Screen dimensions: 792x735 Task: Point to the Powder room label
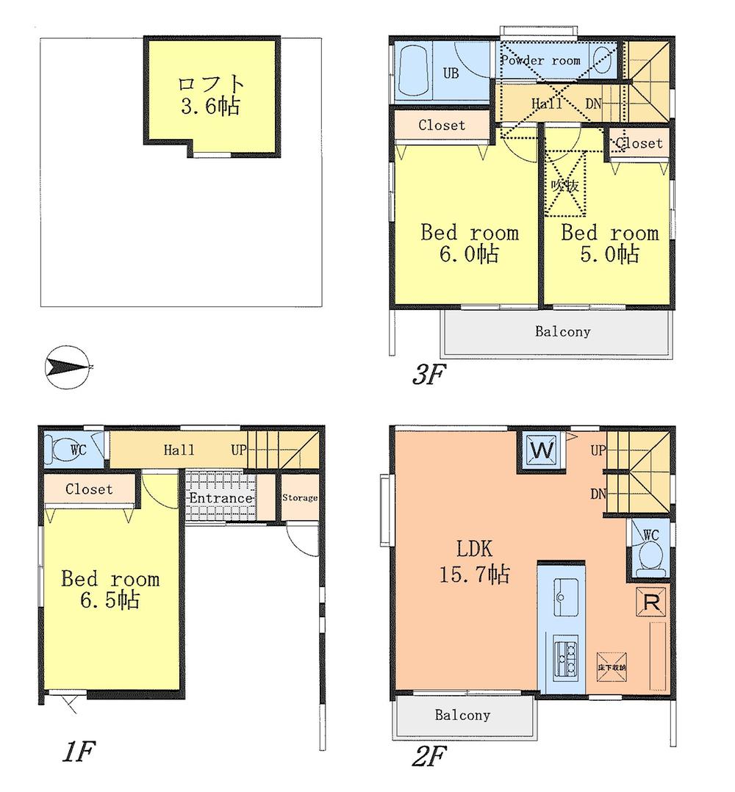540,61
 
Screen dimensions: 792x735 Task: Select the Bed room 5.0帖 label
609,244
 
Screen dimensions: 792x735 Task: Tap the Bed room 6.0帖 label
469,244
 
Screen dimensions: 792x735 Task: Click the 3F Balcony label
562,331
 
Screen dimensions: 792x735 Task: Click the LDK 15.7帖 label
474,561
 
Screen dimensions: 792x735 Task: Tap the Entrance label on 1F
220,498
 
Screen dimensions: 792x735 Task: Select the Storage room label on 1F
300,498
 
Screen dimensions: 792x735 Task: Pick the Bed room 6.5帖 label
110,590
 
